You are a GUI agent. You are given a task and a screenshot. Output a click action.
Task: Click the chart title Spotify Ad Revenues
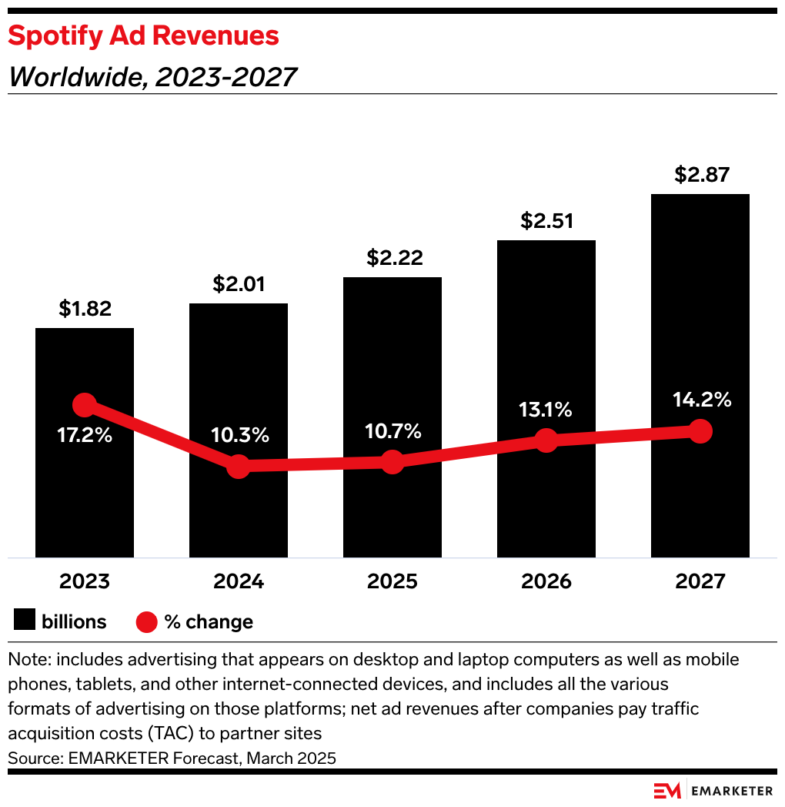click(x=143, y=35)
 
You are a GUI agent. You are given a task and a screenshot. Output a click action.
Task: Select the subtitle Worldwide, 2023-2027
click(x=152, y=77)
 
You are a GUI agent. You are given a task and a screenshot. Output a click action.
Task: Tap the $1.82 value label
click(x=85, y=309)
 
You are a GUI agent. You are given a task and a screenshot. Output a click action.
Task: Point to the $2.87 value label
click(x=700, y=175)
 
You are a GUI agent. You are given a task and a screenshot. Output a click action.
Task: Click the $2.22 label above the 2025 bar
click(x=392, y=258)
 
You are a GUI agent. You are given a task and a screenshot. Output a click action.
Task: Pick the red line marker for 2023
click(x=85, y=405)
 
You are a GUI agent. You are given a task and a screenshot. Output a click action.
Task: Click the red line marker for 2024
click(x=239, y=466)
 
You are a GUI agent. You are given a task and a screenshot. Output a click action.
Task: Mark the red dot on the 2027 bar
click(x=700, y=431)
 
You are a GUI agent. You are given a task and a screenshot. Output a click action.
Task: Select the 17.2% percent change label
click(x=85, y=435)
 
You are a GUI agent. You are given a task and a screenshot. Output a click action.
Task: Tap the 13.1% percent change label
click(x=546, y=410)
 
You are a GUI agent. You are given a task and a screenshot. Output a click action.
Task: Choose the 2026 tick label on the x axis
click(x=546, y=581)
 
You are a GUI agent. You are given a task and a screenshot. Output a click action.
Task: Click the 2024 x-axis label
click(x=239, y=581)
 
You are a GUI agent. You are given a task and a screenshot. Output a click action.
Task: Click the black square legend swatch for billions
click(x=24, y=621)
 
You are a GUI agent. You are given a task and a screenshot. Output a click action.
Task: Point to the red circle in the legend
click(x=146, y=621)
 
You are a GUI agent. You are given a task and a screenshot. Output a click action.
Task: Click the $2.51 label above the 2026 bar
click(x=546, y=221)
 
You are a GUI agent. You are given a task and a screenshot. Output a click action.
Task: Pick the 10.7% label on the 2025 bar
click(x=392, y=431)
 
